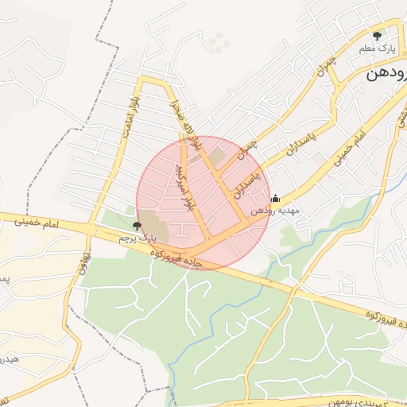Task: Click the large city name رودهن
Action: coord(386,75)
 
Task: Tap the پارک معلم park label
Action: coord(376,49)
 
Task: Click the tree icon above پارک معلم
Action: coord(377,35)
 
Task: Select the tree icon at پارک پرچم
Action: coord(138,227)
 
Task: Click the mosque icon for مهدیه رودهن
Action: coord(275,199)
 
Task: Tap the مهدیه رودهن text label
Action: coord(274,211)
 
